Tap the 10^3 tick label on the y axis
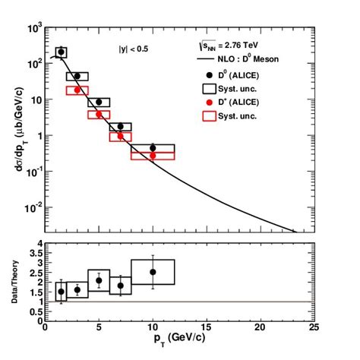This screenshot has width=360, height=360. pos(33,28)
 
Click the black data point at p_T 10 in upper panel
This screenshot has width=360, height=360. pos(153,148)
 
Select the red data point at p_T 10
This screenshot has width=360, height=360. pos(153,156)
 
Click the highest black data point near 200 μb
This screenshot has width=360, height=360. pos(62,52)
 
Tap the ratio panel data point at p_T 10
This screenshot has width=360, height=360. pos(153,272)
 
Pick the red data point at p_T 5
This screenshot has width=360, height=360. pos(99,114)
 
